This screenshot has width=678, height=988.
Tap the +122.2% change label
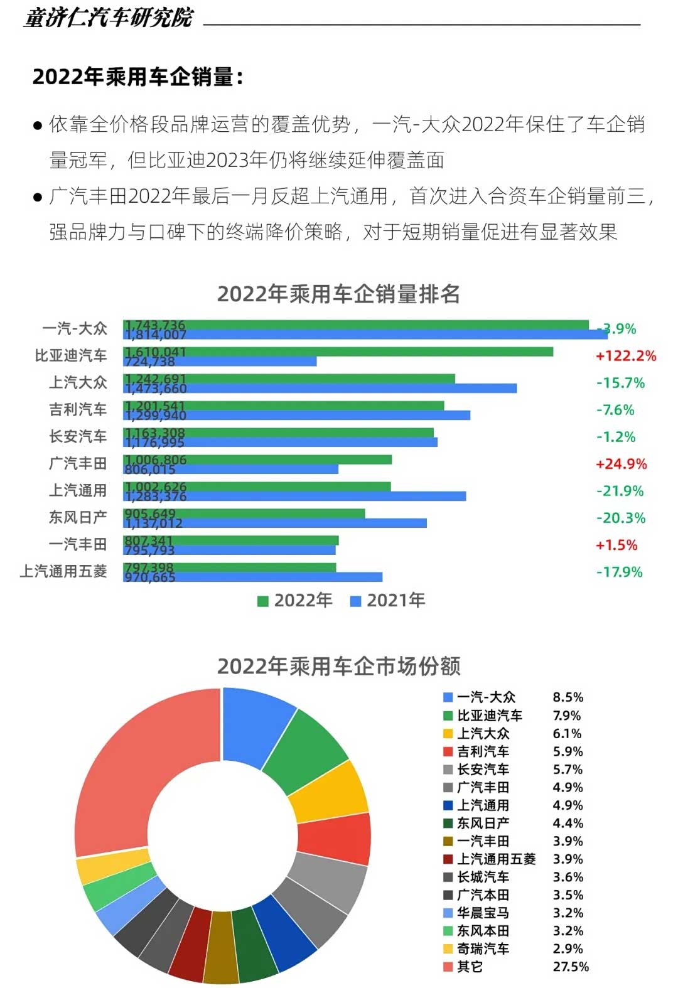click(x=626, y=356)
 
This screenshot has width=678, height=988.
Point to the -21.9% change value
click(x=620, y=491)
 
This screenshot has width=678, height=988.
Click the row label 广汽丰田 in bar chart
click(x=78, y=464)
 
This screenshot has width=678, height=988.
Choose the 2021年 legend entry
click(x=388, y=601)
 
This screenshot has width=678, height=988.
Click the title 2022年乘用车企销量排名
click(x=338, y=294)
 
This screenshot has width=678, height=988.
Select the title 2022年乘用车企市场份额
click(x=338, y=666)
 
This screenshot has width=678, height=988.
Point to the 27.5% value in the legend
click(x=571, y=967)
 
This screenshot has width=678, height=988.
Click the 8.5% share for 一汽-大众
click(x=568, y=697)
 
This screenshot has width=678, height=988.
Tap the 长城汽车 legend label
click(x=483, y=877)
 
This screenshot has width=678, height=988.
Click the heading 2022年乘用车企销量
click(x=137, y=77)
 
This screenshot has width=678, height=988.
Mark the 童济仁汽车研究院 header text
click(x=109, y=18)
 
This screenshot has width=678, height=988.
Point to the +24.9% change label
click(x=621, y=464)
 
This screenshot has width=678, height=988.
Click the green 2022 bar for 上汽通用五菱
click(x=251, y=567)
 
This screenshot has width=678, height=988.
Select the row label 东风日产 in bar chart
click(x=78, y=518)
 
